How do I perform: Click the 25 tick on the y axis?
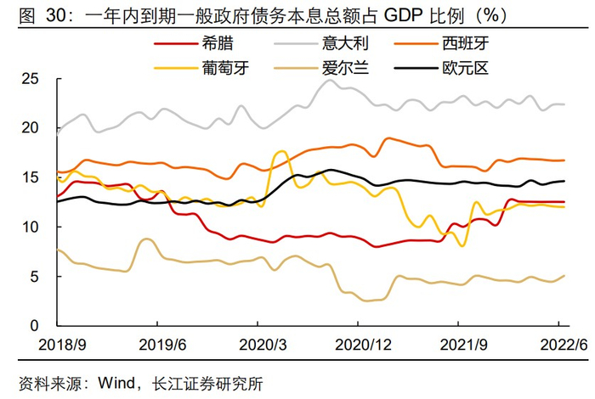tap(31, 79)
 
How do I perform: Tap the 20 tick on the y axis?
tap(31, 128)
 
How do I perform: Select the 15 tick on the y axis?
tap(31, 177)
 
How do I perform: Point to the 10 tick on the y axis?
tap(31, 227)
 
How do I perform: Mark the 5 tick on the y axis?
tap(35, 277)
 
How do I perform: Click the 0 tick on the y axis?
tap(35, 326)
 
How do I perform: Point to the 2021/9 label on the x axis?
tap(459, 344)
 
